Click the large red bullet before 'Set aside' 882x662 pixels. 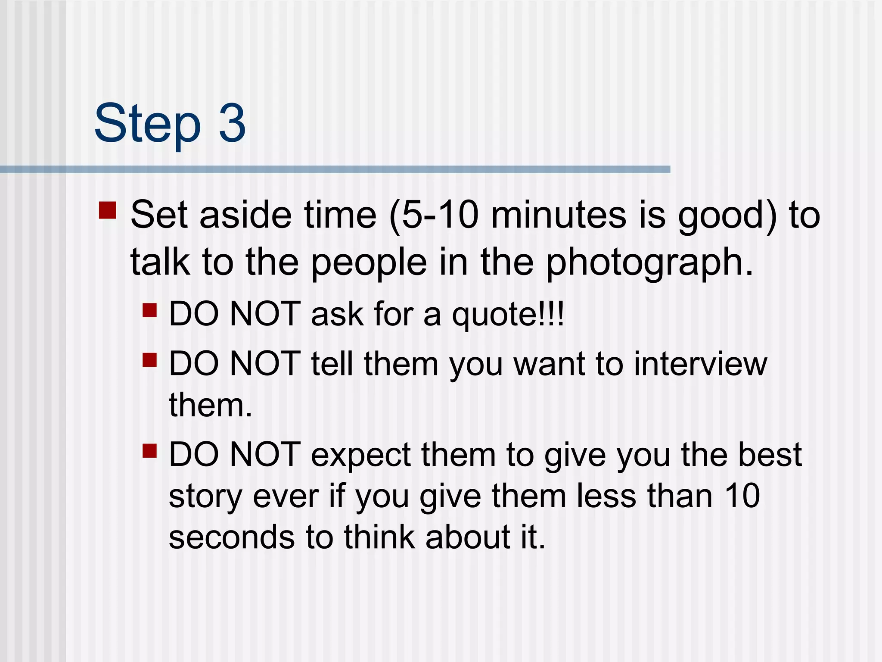click(x=108, y=210)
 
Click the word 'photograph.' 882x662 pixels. click(x=650, y=263)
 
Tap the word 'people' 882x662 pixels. click(x=369, y=263)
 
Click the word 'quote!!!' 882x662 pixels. click(x=508, y=315)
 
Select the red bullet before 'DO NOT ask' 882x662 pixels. click(x=149, y=310)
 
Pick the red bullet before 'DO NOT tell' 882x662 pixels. click(x=149, y=359)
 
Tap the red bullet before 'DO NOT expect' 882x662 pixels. click(x=149, y=451)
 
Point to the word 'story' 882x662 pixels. click(x=205, y=497)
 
